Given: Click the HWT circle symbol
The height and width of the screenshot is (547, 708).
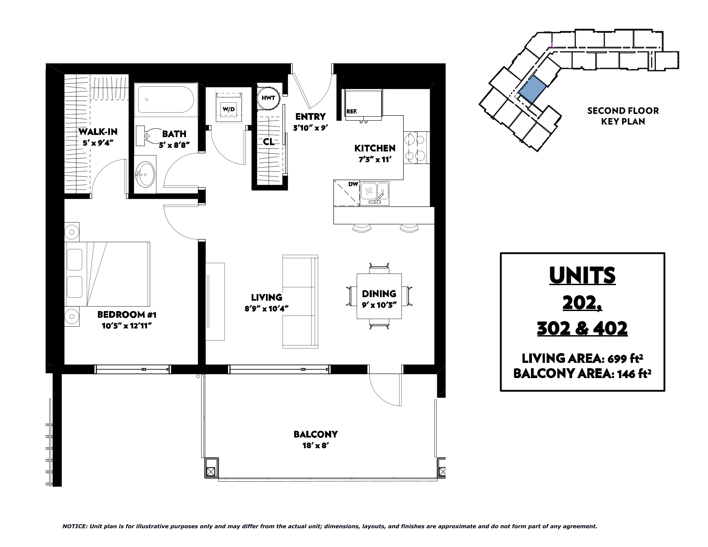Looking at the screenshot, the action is point(268,98).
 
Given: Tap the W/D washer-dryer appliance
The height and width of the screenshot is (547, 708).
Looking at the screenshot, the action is point(228,106).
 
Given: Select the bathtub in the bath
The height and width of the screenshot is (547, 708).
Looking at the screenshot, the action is point(166,100).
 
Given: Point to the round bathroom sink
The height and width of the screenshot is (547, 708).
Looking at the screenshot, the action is point(145,174).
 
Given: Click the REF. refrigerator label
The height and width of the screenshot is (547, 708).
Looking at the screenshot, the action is point(352,111).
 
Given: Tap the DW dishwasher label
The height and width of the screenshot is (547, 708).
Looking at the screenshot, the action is point(353,184).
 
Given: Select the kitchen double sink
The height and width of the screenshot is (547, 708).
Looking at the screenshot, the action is point(375,194).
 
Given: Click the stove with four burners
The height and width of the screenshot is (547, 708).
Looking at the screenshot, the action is point(417,147).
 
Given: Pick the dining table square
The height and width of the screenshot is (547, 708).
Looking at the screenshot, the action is point(379,296).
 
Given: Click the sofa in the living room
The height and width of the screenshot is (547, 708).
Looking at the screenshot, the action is point(300,302).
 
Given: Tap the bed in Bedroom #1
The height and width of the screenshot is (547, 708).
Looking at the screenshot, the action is point(108,274).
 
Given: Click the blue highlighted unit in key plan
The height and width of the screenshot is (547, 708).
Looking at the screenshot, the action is point(532,90).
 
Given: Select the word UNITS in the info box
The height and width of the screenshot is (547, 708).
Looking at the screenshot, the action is point(582,276).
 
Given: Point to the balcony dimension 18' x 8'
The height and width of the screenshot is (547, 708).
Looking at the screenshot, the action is point(316,446).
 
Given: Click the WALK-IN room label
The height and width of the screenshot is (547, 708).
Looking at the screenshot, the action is point(98,132).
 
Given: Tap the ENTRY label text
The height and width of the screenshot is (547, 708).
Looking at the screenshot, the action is point(311,116).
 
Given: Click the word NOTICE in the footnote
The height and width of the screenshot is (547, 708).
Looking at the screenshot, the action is point(75,526).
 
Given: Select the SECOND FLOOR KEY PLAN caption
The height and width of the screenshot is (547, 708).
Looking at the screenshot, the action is point(623,116).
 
